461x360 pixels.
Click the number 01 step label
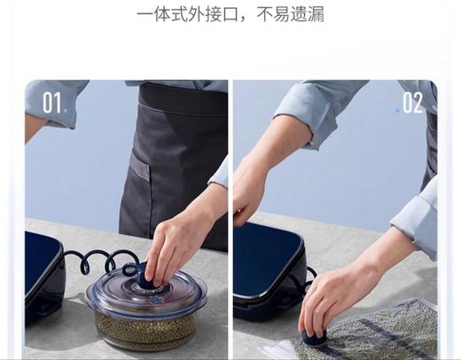tap(51, 103)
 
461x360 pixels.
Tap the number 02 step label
tap(413, 103)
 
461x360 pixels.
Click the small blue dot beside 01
tap(66, 111)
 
